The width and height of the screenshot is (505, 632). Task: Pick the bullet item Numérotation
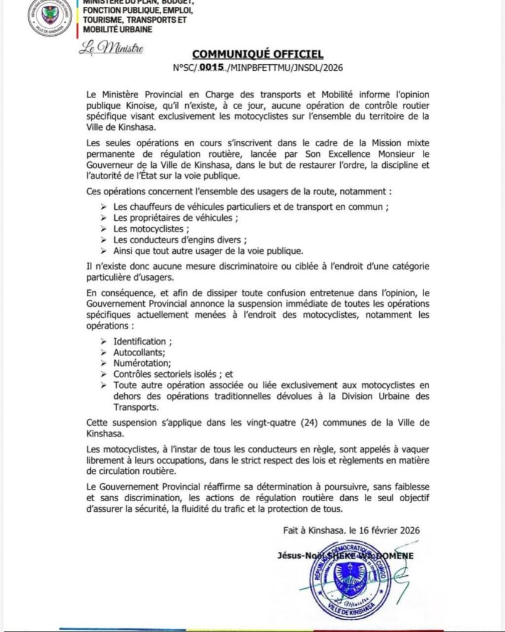coord(142,364)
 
